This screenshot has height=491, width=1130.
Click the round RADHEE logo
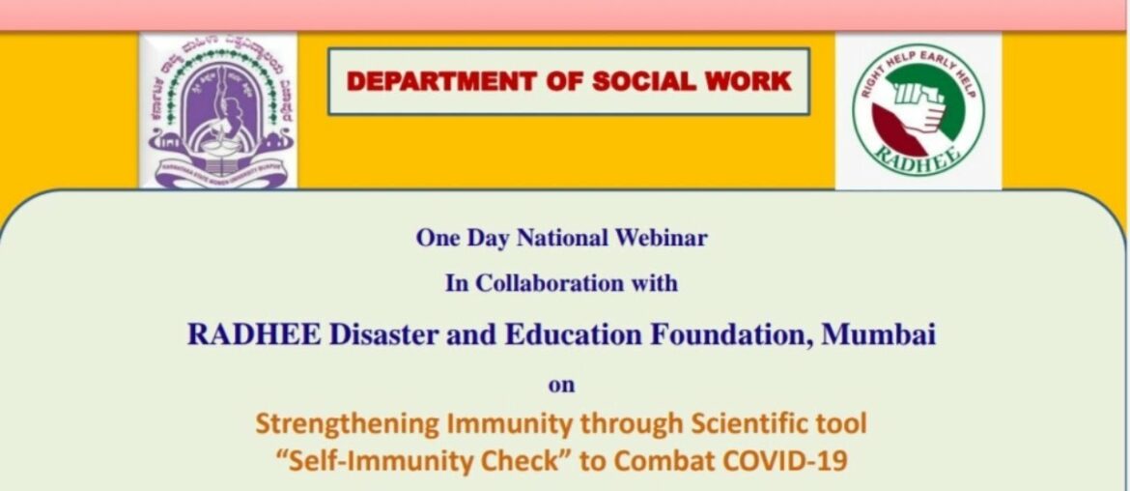918,111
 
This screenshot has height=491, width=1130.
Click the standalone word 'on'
561,385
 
